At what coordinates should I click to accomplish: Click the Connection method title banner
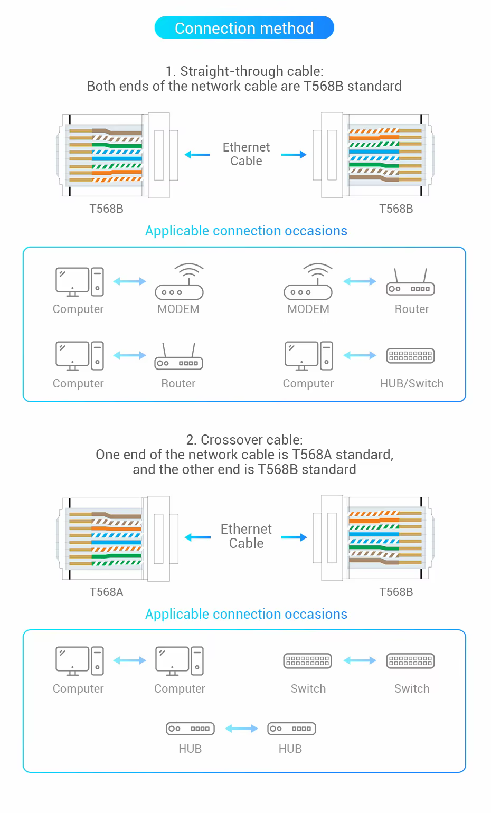(244, 27)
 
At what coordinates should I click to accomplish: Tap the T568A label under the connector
(106, 592)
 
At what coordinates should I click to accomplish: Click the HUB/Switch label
(412, 383)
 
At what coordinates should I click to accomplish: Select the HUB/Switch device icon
(410, 356)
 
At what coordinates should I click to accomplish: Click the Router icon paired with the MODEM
(410, 282)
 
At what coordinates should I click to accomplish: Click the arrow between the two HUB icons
(241, 728)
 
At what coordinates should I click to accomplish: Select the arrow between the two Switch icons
(360, 660)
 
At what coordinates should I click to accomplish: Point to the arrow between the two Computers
(129, 660)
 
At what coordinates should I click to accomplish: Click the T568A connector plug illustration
(117, 538)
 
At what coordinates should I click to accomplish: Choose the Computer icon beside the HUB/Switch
(309, 356)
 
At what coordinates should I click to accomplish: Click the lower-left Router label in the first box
(178, 383)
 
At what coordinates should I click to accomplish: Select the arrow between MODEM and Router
(360, 281)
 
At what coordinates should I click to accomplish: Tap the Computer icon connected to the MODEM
(80, 282)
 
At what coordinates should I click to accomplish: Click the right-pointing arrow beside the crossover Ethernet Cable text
(294, 537)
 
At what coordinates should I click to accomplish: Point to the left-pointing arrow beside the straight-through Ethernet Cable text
(197, 155)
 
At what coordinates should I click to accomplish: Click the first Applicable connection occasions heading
(246, 231)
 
